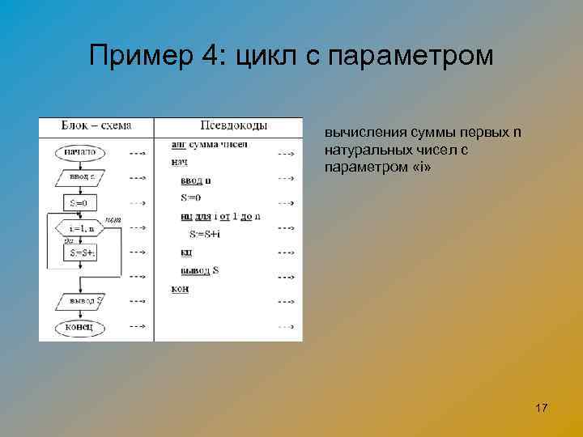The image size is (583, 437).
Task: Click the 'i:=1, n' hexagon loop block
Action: tap(81, 228)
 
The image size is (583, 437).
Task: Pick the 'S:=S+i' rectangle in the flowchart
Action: tap(80, 253)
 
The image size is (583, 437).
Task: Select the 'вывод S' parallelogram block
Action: tap(81, 301)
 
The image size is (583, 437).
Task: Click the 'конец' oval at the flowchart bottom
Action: tap(80, 327)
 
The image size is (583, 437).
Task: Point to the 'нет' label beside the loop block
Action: tap(113, 218)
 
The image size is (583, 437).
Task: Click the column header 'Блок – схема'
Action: tap(96, 125)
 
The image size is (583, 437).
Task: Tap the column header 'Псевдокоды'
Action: tap(234, 125)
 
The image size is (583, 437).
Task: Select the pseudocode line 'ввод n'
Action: tap(196, 180)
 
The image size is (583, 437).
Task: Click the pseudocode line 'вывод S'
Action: tap(199, 269)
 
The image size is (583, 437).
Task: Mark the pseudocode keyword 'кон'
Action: tap(180, 288)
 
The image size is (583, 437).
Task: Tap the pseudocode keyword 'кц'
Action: tap(186, 252)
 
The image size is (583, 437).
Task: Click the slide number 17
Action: tap(542, 407)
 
